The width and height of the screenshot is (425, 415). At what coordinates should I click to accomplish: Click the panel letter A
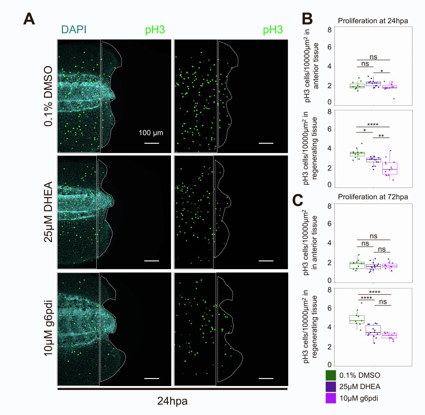pyautogui.click(x=29, y=19)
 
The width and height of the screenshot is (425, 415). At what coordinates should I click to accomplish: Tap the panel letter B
pyautogui.click(x=307, y=19)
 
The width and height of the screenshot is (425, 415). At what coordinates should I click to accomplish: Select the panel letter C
pyautogui.click(x=298, y=200)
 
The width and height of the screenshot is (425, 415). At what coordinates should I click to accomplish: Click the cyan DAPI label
pyautogui.click(x=74, y=30)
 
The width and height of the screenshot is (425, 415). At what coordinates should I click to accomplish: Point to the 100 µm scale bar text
pyautogui.click(x=151, y=133)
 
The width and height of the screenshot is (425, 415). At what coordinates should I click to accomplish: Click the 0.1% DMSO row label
pyautogui.click(x=49, y=96)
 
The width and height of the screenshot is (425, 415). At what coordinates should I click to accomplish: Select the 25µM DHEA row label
pyautogui.click(x=49, y=212)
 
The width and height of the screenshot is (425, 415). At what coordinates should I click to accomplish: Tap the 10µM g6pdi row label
pyautogui.click(x=49, y=328)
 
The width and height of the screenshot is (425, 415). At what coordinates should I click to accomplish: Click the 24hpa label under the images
pyautogui.click(x=172, y=401)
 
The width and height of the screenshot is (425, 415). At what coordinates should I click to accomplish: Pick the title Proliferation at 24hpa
pyautogui.click(x=373, y=21)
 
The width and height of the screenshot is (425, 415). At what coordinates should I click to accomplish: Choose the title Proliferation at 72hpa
pyautogui.click(x=373, y=197)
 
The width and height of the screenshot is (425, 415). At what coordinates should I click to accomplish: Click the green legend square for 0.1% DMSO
pyautogui.click(x=331, y=375)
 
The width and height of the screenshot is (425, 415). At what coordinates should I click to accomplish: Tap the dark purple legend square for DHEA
pyautogui.click(x=331, y=387)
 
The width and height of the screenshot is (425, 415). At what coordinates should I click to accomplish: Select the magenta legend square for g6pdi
pyautogui.click(x=331, y=398)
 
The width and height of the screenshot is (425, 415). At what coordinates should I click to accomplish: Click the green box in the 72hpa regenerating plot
pyautogui.click(x=357, y=319)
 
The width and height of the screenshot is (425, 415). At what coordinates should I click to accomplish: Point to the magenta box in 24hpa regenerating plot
pyautogui.click(x=390, y=168)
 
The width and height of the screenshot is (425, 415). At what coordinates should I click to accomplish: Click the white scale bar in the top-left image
pyautogui.click(x=151, y=143)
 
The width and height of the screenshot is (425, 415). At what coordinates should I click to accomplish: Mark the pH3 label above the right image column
pyautogui.click(x=273, y=30)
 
